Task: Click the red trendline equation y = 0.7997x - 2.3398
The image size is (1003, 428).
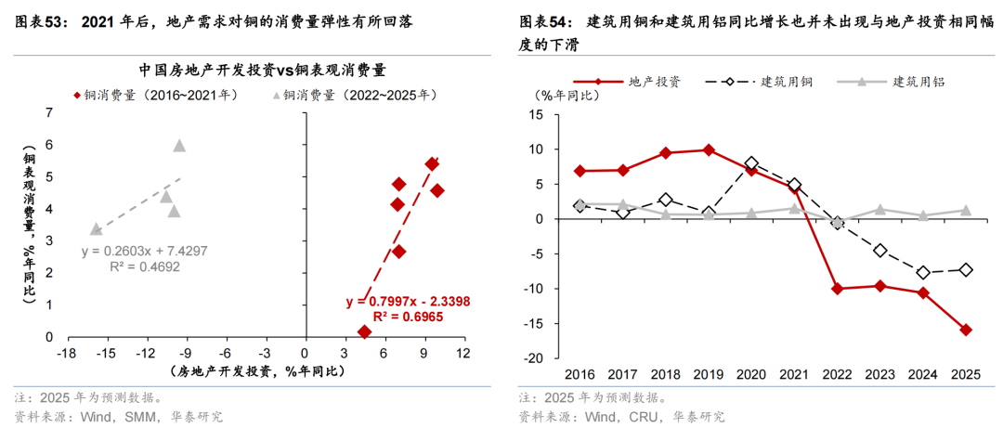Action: click(408, 301)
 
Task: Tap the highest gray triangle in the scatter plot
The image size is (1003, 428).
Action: click(179, 145)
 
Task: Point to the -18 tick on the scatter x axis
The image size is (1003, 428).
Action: click(64, 353)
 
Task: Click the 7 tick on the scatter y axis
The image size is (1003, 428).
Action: click(49, 112)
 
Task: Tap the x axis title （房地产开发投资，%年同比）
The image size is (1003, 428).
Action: click(257, 371)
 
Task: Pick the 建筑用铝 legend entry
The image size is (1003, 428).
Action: click(918, 82)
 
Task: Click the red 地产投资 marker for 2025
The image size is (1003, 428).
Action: click(966, 330)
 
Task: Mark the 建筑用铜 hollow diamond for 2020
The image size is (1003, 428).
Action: click(751, 163)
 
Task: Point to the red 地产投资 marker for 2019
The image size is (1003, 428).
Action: click(709, 149)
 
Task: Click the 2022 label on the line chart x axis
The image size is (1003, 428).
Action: click(837, 374)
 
